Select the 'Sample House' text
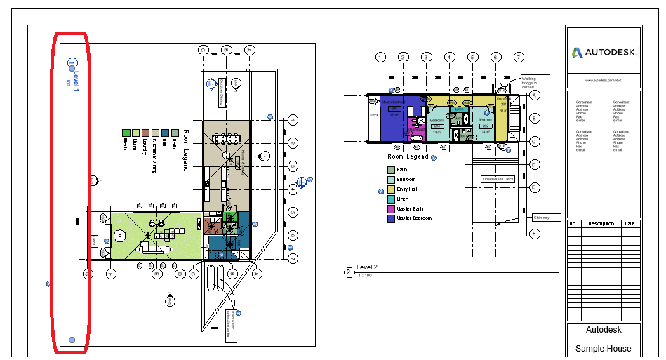point(603,349)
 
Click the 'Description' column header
point(601,224)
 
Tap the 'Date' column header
point(630,224)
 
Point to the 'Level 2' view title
point(367,267)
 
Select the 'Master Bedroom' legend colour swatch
point(391,219)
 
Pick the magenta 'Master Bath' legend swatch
point(391,209)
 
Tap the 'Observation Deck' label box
point(498,180)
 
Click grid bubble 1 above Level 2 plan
point(380,58)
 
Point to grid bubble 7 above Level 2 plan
point(519,58)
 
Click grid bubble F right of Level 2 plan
point(535,234)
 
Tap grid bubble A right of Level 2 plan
point(535,95)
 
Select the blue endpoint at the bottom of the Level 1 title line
point(72,340)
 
